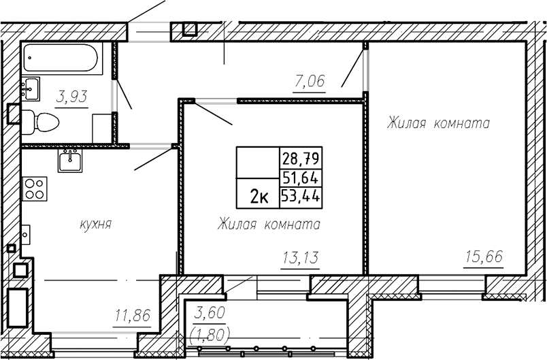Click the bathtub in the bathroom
[63, 59]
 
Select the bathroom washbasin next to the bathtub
[31, 89]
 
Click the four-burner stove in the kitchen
[35, 189]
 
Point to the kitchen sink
[70, 161]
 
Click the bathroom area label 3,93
[71, 97]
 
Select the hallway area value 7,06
[309, 82]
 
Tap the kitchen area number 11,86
[133, 316]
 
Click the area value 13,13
[300, 259]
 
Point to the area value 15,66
[484, 257]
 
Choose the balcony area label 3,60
[209, 312]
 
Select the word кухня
[95, 225]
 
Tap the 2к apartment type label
[259, 198]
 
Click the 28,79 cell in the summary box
[300, 159]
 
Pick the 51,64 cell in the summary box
[300, 178]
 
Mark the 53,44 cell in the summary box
[300, 196]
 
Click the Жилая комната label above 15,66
[439, 123]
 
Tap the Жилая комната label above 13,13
[269, 225]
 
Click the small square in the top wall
[190, 29]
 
